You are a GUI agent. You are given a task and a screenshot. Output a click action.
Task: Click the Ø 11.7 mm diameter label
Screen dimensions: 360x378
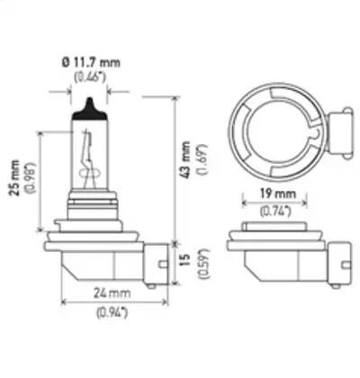[x=91, y=63]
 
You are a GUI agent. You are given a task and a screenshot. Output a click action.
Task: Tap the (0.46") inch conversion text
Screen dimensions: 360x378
[x=90, y=77]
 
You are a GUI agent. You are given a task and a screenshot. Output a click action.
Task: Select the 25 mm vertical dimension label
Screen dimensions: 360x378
[x=14, y=177]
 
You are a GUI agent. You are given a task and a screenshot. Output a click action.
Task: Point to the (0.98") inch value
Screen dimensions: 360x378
[x=31, y=177]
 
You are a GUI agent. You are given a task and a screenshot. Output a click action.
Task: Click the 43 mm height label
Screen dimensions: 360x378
[x=186, y=159]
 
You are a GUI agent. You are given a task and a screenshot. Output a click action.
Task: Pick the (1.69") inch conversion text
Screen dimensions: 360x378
[x=202, y=159]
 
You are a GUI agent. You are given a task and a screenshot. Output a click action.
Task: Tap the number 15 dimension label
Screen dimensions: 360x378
[x=186, y=260]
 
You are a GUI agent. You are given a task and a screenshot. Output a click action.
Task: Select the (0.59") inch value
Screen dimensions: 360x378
[x=203, y=264]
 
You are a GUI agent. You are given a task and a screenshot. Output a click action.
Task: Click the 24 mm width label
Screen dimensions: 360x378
[x=112, y=293]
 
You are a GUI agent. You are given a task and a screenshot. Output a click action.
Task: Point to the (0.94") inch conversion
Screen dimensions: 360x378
[x=112, y=313]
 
